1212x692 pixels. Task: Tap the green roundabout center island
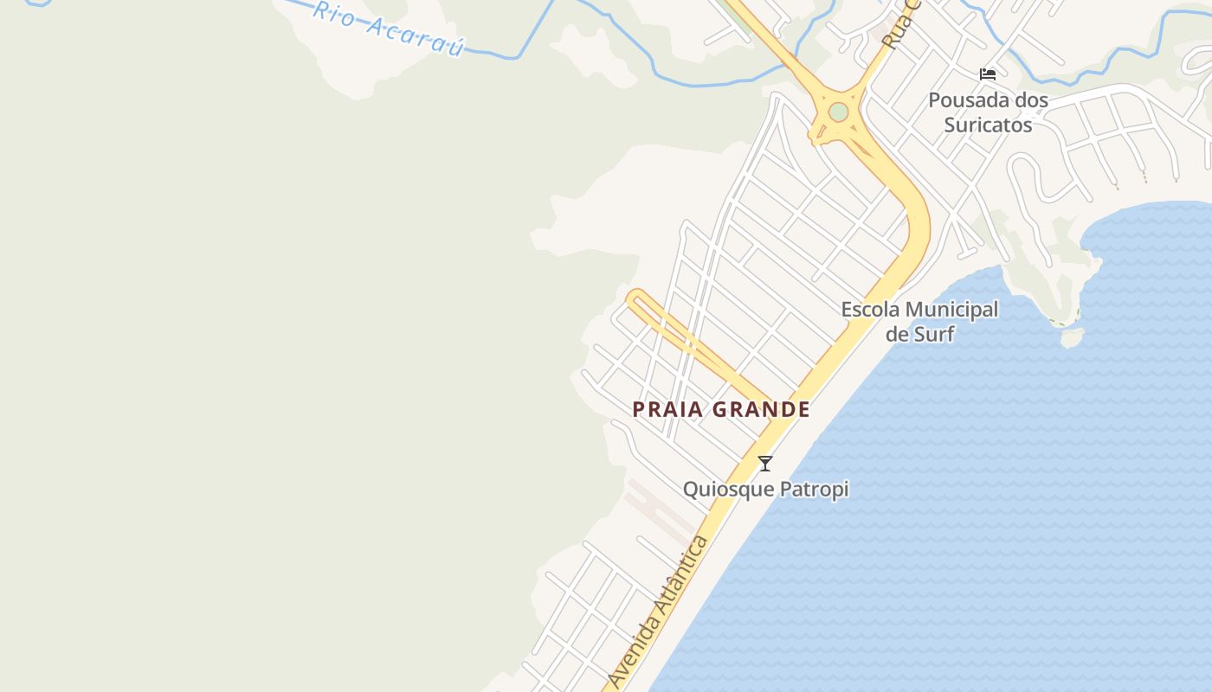[838, 112]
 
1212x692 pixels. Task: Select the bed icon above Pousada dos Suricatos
[987, 74]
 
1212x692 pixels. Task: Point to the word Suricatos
[988, 125]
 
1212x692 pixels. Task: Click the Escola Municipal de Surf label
[919, 321]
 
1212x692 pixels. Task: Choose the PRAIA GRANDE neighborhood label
[721, 410]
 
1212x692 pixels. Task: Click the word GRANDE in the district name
[764, 410]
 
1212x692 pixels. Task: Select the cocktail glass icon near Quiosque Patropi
[765, 464]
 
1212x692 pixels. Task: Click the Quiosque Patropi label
[765, 490]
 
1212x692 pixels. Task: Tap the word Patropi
[814, 490]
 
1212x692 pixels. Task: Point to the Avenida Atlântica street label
[659, 612]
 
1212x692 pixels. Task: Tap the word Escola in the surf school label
[870, 310]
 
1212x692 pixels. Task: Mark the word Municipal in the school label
[951, 310]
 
